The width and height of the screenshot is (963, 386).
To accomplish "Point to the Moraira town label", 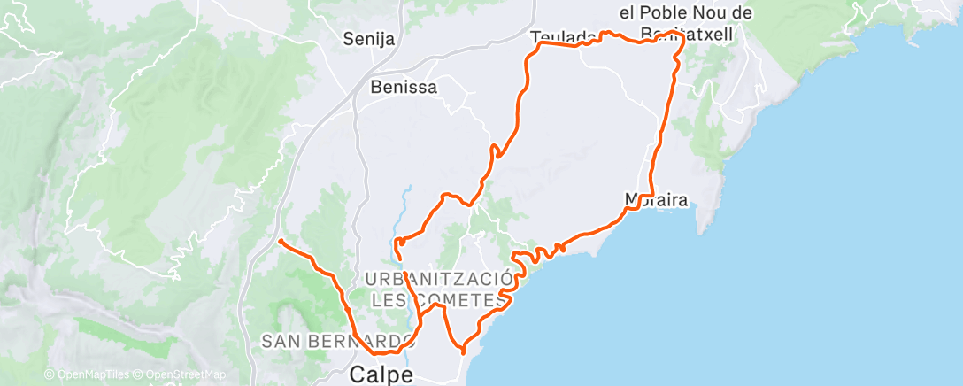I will click(656, 199).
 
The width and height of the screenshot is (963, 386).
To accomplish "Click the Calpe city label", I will click(381, 374).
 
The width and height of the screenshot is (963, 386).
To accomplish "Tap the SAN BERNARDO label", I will click(336, 341).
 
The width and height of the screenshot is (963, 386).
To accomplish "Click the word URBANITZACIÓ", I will click(439, 280).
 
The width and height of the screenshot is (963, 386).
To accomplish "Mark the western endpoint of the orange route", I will click(281, 241).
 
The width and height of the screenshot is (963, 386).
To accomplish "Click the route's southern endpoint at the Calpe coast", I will click(463, 351).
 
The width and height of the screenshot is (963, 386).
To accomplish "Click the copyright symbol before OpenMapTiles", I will click(50, 375).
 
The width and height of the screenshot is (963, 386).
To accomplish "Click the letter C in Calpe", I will click(357, 374).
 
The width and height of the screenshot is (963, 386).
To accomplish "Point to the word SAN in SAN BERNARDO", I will click(281, 341).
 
